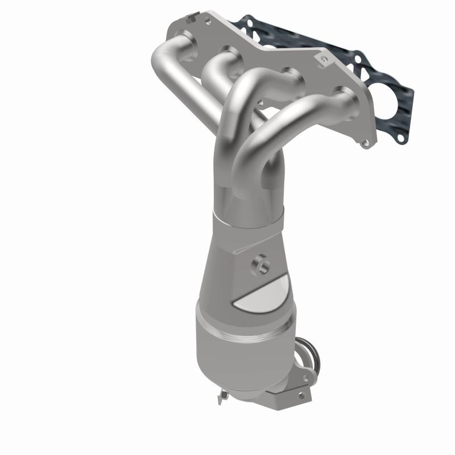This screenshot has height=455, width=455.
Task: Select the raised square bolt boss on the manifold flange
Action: pyautogui.click(x=323, y=59)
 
